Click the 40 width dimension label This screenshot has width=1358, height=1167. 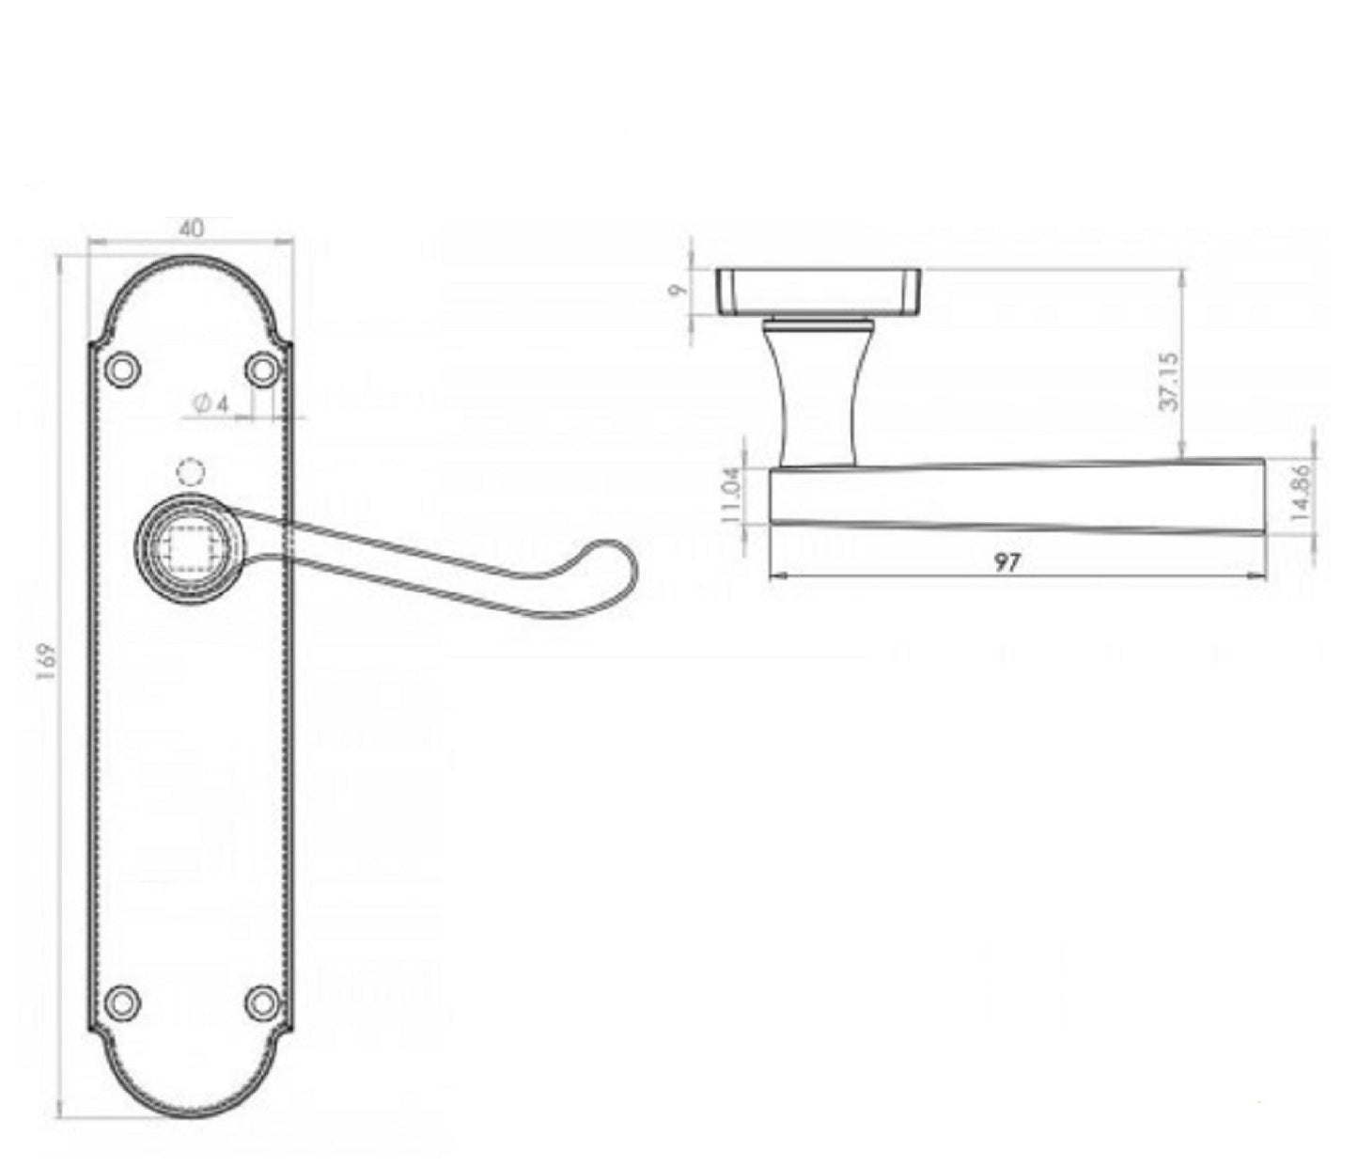[x=191, y=229]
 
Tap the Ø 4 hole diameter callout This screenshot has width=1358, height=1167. [x=211, y=403]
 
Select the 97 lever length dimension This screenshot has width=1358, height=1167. [x=1007, y=562]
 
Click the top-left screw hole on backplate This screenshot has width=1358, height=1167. [x=121, y=371]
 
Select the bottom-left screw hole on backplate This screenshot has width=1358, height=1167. [x=121, y=1002]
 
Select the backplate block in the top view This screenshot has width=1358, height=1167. [x=818, y=292]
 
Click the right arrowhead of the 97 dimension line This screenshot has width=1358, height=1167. [x=1257, y=576]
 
